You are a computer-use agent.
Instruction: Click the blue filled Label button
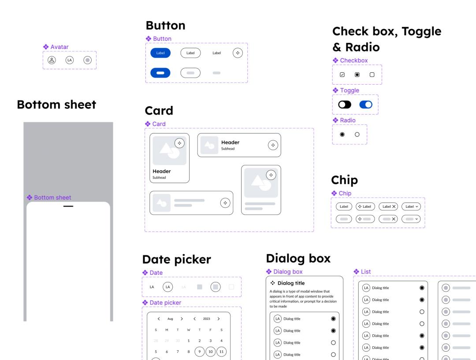(x=160, y=53)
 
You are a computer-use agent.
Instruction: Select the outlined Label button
(x=190, y=53)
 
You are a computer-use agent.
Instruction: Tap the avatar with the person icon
(x=52, y=60)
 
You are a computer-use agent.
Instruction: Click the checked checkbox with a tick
(x=342, y=75)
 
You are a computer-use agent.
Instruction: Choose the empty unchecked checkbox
(x=372, y=75)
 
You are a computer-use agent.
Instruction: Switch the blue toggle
(x=366, y=105)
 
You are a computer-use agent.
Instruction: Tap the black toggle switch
(x=345, y=105)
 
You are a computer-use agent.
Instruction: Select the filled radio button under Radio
(x=342, y=134)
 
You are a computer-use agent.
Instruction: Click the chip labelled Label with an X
(x=388, y=206)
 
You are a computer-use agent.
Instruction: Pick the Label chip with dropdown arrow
(x=411, y=206)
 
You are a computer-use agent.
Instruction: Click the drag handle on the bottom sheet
(x=68, y=206)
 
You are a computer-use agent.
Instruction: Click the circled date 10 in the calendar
(x=210, y=352)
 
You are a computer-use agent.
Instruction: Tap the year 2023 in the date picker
(x=206, y=319)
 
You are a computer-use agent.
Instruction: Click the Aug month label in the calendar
(x=170, y=319)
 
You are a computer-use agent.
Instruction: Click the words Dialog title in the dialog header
(x=291, y=283)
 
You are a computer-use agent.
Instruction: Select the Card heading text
(x=159, y=111)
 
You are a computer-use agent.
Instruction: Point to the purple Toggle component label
(x=350, y=90)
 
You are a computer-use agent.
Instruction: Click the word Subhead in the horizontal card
(x=228, y=149)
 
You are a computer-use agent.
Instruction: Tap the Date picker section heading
(x=177, y=259)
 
